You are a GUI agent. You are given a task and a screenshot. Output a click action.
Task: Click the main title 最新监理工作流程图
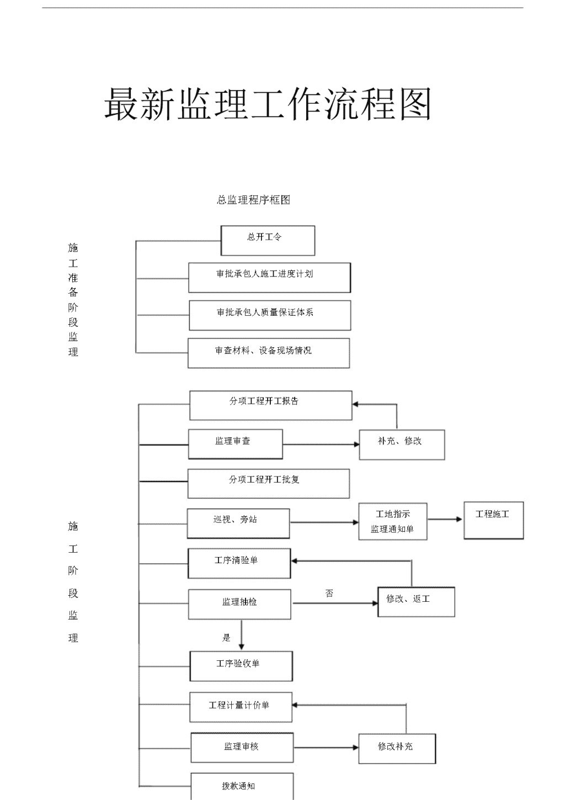tap(268, 104)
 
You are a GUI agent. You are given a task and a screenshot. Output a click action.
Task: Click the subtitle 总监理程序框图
tap(253, 200)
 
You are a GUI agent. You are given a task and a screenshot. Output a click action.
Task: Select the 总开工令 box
tap(268, 240)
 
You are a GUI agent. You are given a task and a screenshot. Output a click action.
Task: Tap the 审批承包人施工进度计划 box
tap(269, 278)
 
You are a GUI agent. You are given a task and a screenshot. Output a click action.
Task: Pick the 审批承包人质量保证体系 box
tap(270, 315)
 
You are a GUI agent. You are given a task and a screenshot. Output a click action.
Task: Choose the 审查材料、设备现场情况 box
tap(269, 353)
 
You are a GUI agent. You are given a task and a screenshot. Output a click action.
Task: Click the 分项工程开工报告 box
tap(270, 405)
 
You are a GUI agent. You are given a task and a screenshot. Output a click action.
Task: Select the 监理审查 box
tap(236, 444)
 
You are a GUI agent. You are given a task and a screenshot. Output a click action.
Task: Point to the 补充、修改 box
tap(402, 444)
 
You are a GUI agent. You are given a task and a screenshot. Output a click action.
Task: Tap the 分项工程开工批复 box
tap(268, 484)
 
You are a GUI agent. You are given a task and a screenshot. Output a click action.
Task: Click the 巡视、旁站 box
tap(238, 523)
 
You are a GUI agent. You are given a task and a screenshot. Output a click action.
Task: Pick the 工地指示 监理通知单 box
tap(393, 521)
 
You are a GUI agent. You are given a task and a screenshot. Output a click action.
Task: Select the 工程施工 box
tap(494, 520)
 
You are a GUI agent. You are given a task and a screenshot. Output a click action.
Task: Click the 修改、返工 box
tap(416, 602)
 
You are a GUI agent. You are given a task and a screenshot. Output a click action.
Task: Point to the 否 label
tap(329, 593)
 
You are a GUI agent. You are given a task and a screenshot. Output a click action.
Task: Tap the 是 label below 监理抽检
tap(226, 638)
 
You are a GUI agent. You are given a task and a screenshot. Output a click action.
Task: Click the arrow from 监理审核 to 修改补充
tap(326, 748)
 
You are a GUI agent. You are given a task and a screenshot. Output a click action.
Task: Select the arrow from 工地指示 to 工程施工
tap(445, 519)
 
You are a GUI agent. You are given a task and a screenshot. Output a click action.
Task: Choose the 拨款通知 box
tap(242, 786)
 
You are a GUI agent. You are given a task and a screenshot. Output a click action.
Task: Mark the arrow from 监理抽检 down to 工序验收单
tap(242, 634)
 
